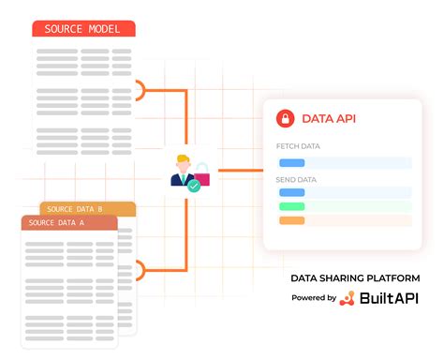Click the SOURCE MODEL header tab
(x=83, y=29)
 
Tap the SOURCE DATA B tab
(x=88, y=209)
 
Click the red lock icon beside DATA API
(x=284, y=119)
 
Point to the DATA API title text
(x=328, y=119)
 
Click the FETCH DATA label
(x=299, y=147)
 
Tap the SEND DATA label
(x=297, y=178)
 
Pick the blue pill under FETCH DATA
(x=291, y=162)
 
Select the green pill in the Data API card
(x=291, y=205)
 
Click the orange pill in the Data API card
(x=291, y=220)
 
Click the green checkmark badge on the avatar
(x=193, y=186)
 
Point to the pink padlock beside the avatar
(x=200, y=172)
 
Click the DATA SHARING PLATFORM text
(x=354, y=278)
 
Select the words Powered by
(x=313, y=298)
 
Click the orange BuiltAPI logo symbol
(x=347, y=298)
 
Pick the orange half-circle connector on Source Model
(x=141, y=90)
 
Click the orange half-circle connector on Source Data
(x=141, y=272)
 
